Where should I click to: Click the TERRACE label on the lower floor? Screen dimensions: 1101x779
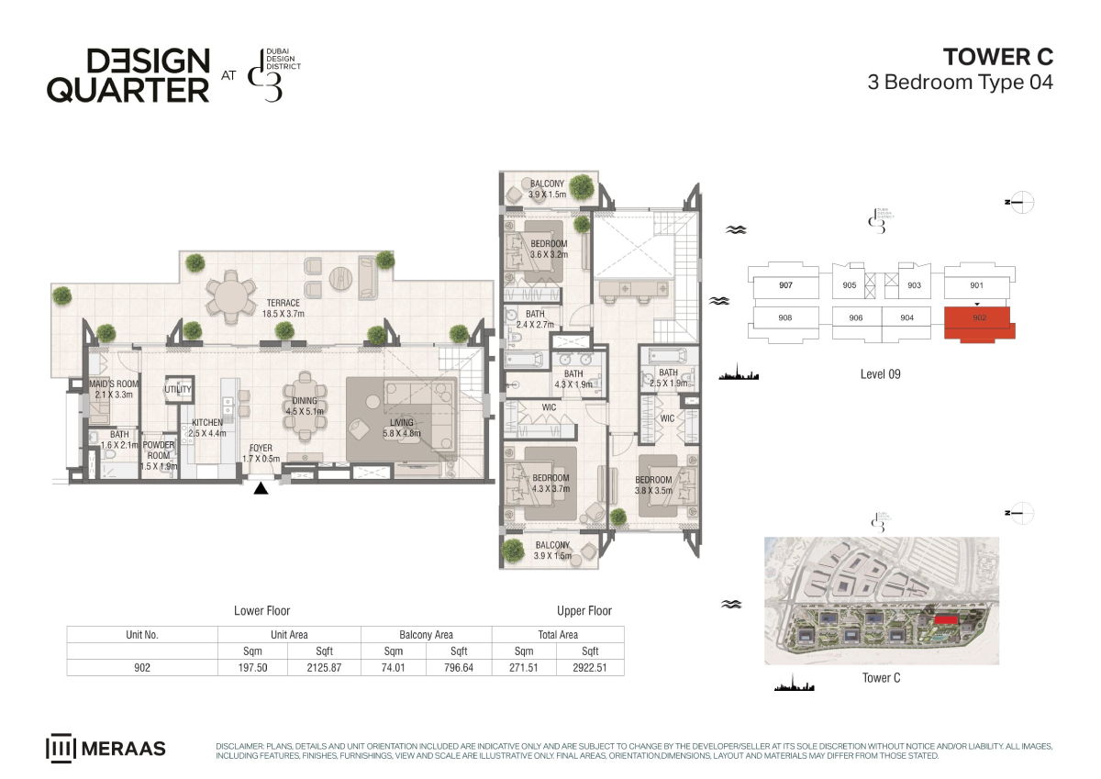tap(284, 308)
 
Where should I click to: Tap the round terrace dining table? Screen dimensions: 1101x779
tap(231, 295)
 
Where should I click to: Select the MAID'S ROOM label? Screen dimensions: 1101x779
tap(114, 389)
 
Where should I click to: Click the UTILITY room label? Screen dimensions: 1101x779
tap(177, 389)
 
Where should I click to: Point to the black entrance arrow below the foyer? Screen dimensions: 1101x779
tap(261, 488)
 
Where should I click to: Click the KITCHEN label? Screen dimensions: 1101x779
tap(207, 428)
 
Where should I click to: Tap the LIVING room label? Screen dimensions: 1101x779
tap(402, 428)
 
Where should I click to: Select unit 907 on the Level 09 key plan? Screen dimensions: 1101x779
tap(785, 285)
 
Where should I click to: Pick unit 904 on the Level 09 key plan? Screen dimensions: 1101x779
tap(906, 318)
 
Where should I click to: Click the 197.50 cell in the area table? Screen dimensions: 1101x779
tap(252, 667)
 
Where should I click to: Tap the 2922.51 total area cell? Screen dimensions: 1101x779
tap(590, 667)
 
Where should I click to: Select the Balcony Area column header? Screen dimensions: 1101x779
tap(426, 635)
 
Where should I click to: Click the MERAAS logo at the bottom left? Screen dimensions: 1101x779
tap(106, 749)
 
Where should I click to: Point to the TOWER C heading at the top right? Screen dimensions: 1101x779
tap(998, 57)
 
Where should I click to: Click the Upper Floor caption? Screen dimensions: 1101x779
tap(584, 611)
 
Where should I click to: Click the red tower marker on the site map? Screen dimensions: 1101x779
tap(946, 620)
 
